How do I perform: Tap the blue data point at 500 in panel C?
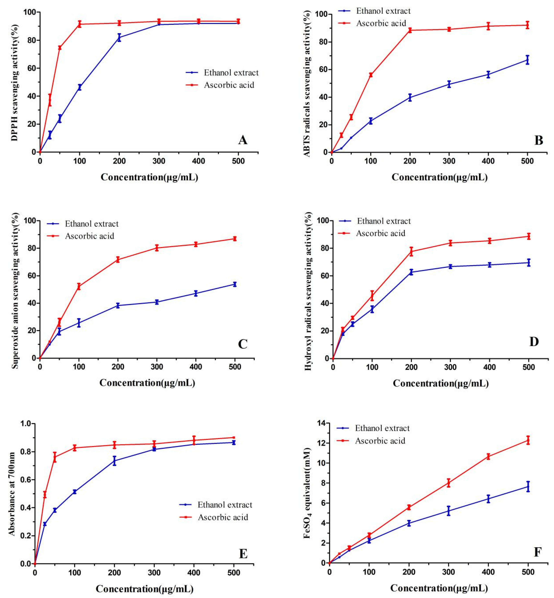click(x=235, y=284)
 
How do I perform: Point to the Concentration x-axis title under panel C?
click(x=147, y=383)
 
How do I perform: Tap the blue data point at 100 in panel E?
click(x=75, y=492)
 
